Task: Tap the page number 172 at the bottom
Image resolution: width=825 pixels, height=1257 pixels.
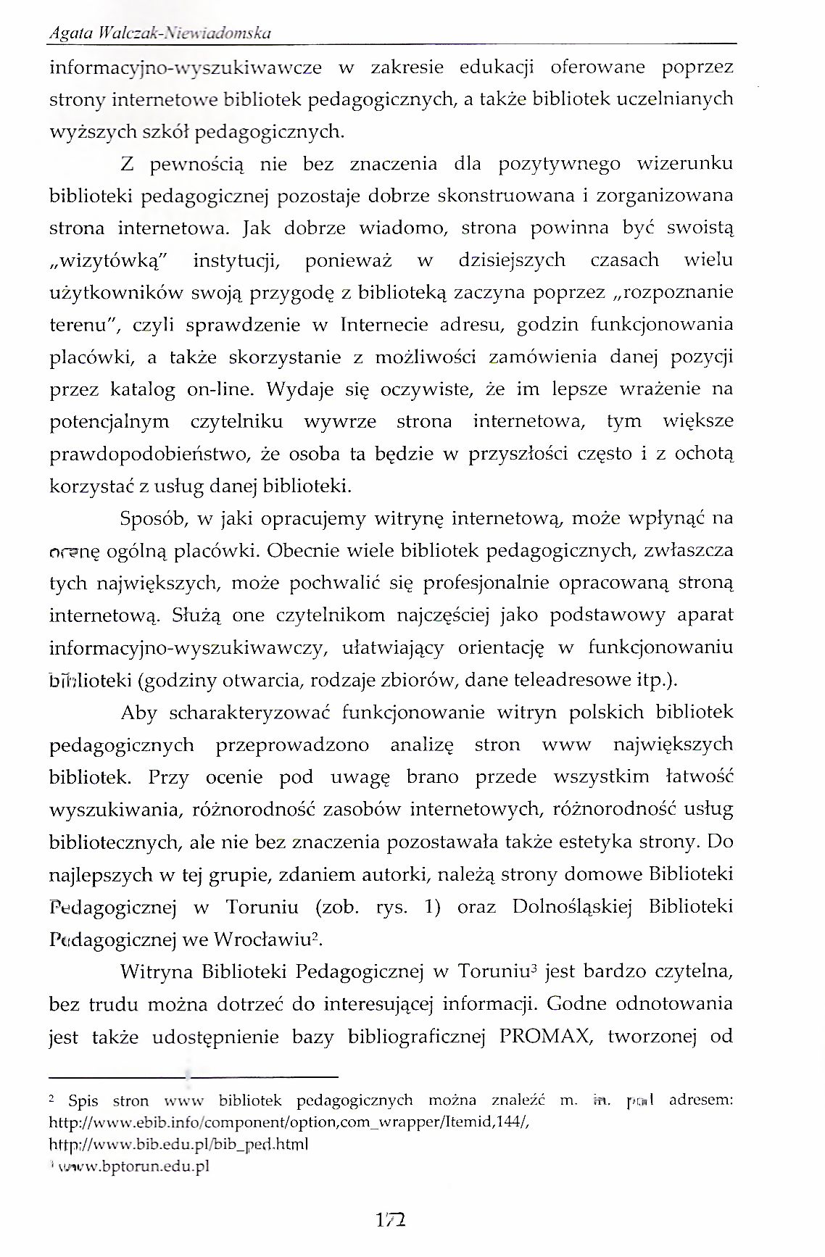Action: point(391,1220)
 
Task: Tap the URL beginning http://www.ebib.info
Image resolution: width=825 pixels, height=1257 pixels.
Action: point(296,1121)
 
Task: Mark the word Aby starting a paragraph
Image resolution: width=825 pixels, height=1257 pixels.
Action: point(138,713)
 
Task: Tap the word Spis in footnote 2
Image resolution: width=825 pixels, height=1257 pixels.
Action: point(83,1100)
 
